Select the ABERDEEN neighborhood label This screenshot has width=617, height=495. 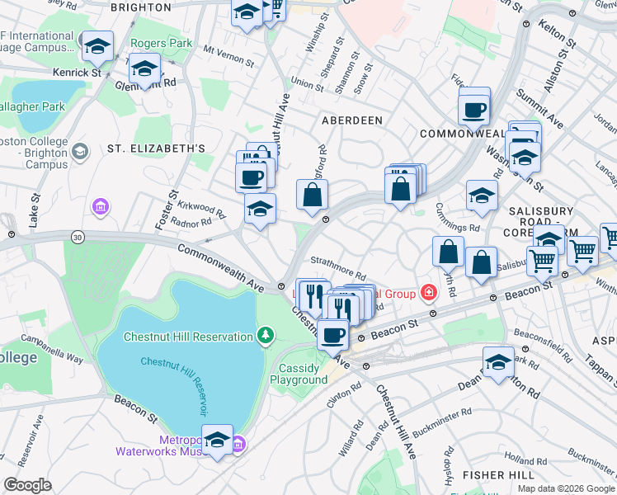pyautogui.click(x=352, y=120)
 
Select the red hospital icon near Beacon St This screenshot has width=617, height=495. pyautogui.click(x=428, y=291)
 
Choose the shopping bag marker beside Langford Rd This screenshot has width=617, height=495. pyautogui.click(x=313, y=196)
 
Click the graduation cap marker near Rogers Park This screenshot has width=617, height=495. pyautogui.click(x=97, y=47)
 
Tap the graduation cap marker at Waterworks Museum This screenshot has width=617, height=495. pyautogui.click(x=217, y=440)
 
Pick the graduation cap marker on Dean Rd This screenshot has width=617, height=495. pyautogui.click(x=498, y=362)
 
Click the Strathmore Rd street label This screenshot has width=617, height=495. pyautogui.click(x=338, y=273)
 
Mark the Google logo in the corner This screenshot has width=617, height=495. pyautogui.click(x=27, y=484)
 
